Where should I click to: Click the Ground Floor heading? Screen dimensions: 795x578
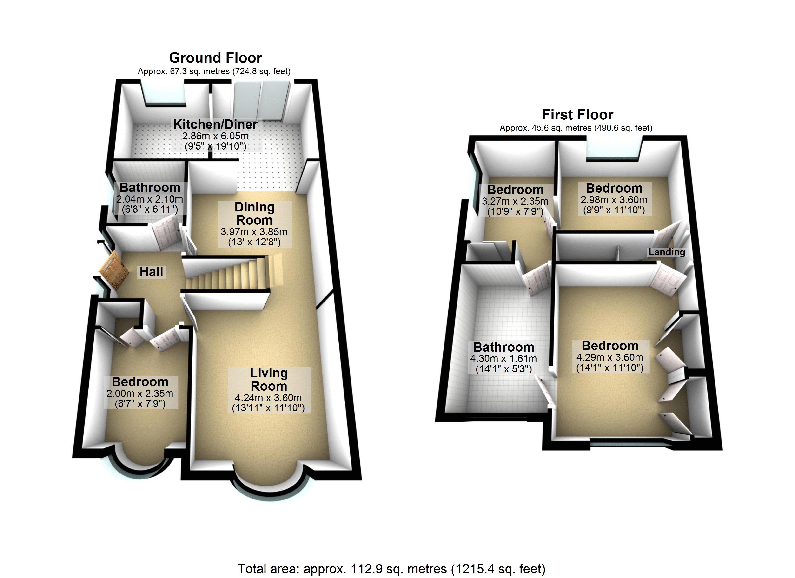(x=215, y=58)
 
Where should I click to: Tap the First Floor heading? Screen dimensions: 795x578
(x=577, y=115)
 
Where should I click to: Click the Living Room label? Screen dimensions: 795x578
(x=269, y=379)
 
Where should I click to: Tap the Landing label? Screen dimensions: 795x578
(x=666, y=252)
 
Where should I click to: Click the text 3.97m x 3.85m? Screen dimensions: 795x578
(x=254, y=232)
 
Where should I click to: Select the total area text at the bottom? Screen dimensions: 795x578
(x=391, y=569)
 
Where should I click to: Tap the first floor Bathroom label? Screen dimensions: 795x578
(x=504, y=347)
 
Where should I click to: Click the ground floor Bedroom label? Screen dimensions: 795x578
(x=140, y=382)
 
